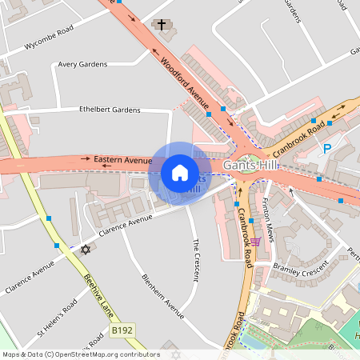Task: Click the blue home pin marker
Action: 180,173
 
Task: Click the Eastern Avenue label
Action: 122,160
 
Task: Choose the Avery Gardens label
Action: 83,66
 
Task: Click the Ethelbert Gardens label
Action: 110,110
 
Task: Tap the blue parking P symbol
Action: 326,148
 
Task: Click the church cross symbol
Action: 162,25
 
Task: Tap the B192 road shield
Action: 121,330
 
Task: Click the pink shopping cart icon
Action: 255,242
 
